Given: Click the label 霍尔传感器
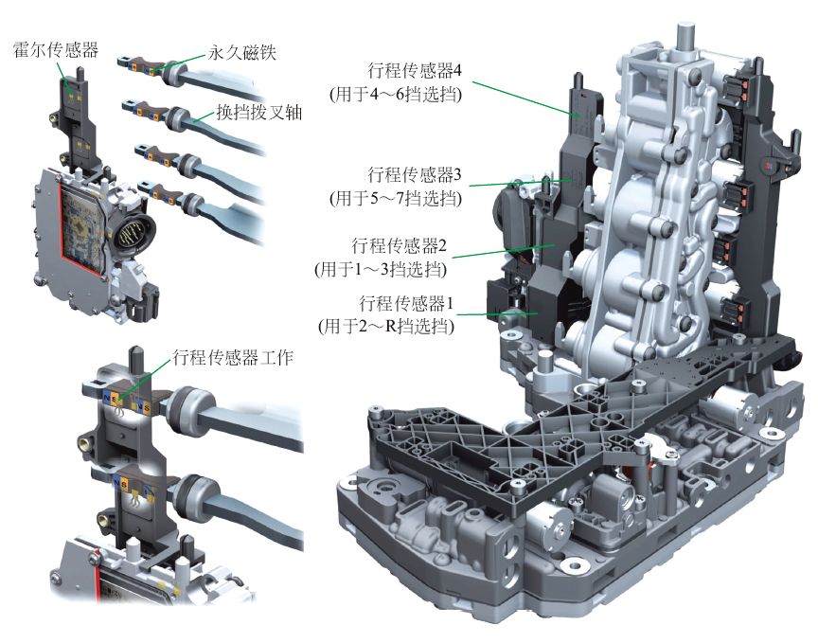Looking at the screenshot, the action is tap(56, 50).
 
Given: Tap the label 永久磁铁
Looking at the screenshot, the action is tap(242, 52).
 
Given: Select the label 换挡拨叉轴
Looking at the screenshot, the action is tap(259, 112).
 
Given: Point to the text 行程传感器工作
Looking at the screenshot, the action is tap(233, 358).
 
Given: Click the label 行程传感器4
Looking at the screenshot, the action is tap(415, 70).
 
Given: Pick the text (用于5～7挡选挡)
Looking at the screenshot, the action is tap(396, 198).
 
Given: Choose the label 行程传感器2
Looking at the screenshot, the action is tap(400, 244).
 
